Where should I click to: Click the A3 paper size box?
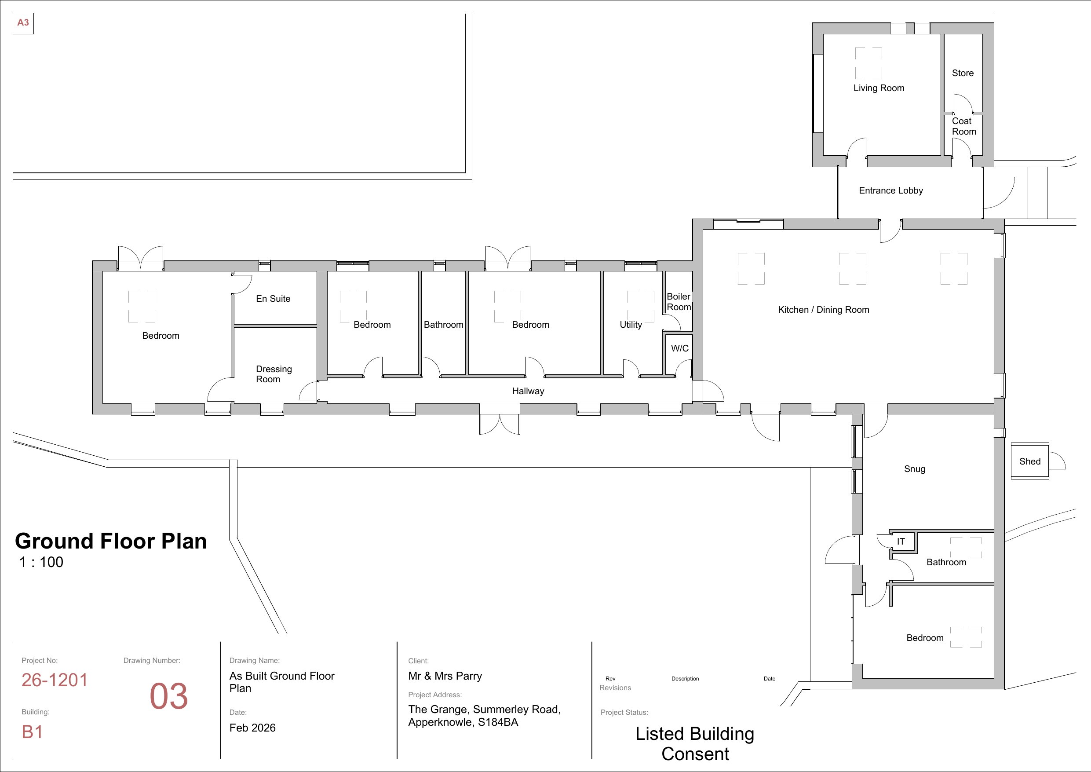pos(23,23)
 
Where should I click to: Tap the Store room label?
pos(963,73)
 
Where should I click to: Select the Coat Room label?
pos(964,126)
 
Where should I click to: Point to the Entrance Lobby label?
pos(891,190)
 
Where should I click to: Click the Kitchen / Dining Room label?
pos(824,310)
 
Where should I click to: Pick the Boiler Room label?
pos(679,302)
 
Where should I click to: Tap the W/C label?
pos(680,348)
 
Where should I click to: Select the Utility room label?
pos(631,325)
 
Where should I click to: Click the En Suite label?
pos(273,299)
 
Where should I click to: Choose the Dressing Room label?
pos(274,374)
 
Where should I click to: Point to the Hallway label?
pos(529,391)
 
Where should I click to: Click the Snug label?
pos(915,469)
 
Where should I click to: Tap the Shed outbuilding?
pos(1030,461)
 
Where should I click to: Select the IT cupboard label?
pos(901,541)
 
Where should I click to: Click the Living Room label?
pos(879,88)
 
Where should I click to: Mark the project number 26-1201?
pos(55,680)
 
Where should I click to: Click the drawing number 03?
pos(169,697)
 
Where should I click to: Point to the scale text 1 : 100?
pos(41,562)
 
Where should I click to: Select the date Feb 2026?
pos(252,728)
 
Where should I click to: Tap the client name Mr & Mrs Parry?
pos(445,676)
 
